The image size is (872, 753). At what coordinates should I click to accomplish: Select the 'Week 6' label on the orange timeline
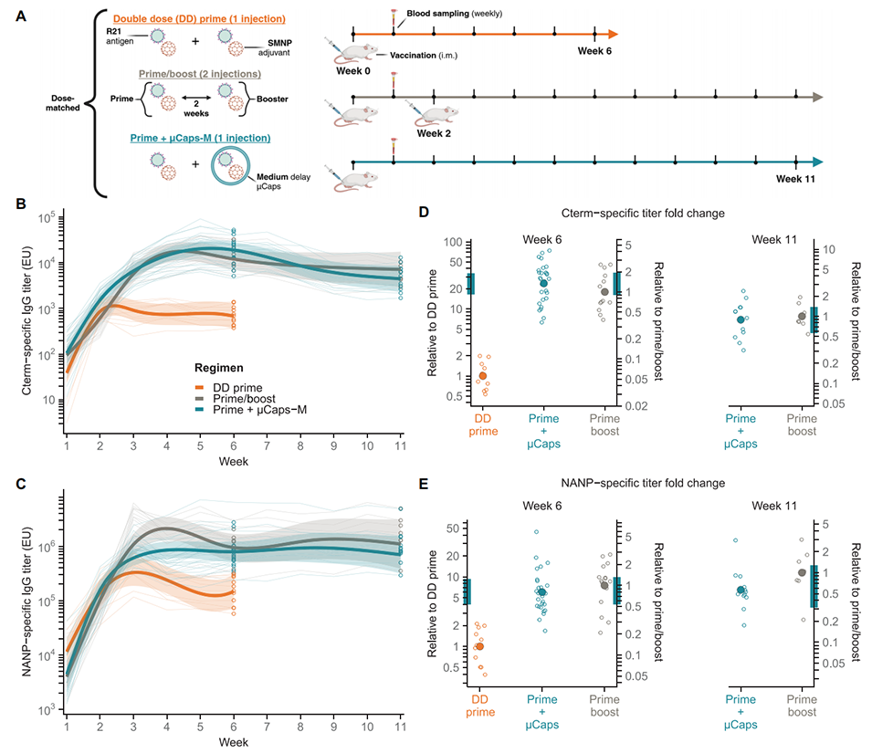[595, 50]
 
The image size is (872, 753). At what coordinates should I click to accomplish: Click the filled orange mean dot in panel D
[483, 375]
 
